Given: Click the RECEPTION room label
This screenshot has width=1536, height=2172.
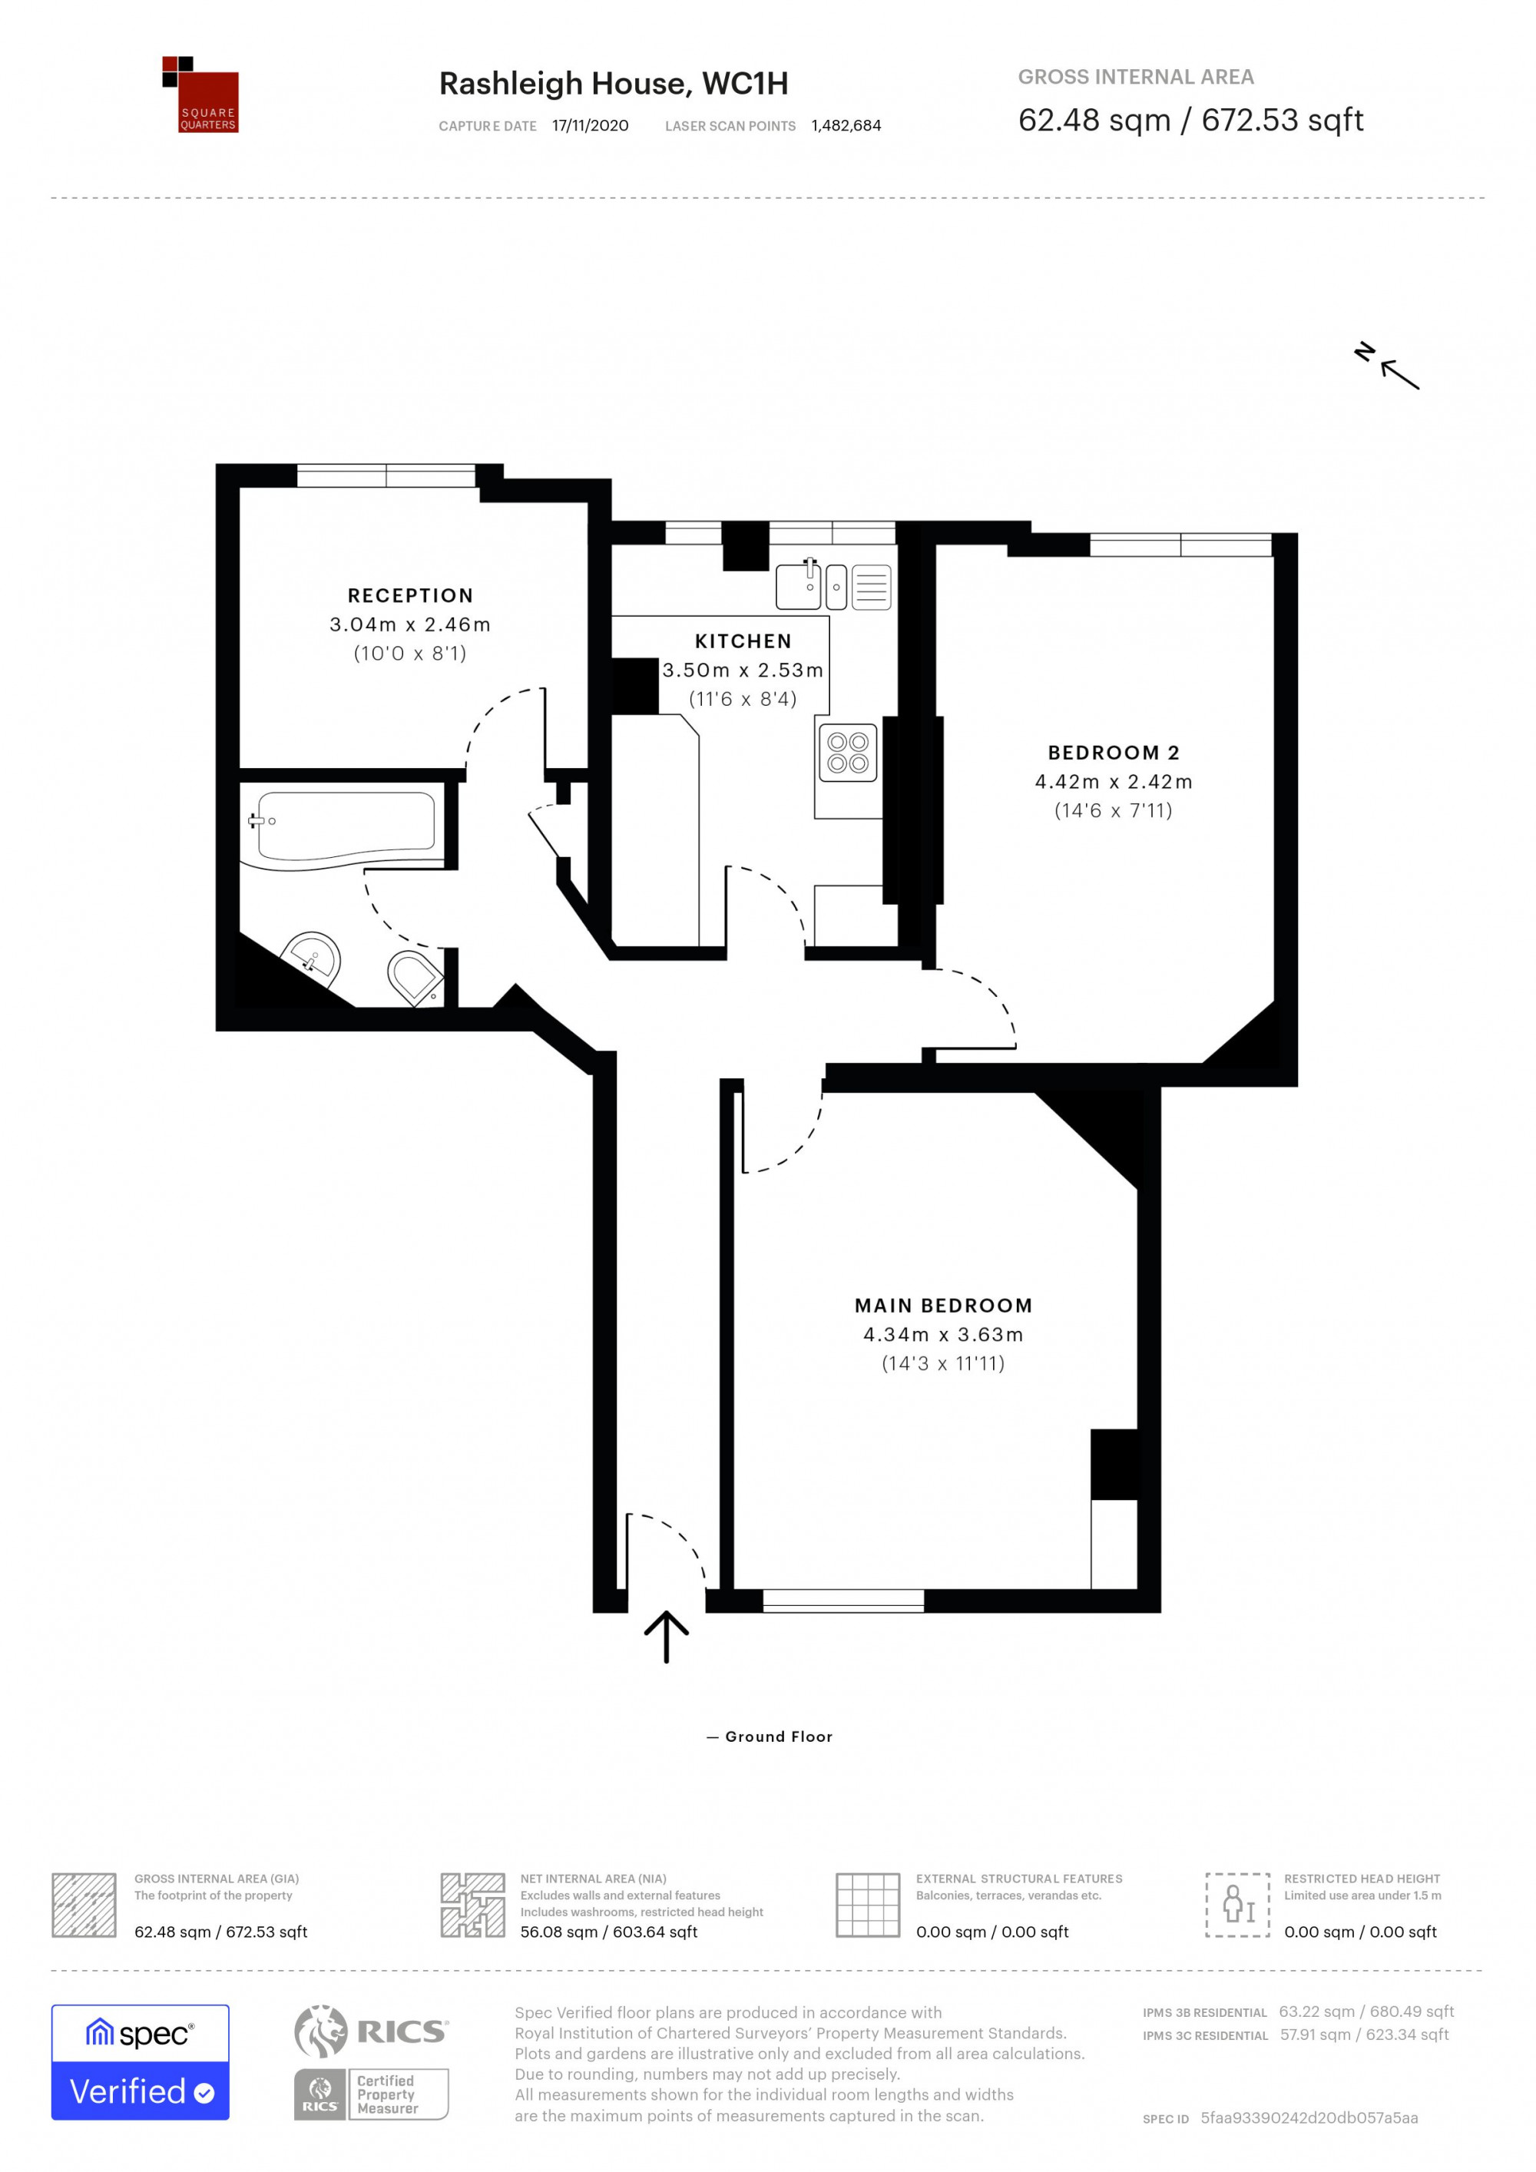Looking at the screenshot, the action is (409, 595).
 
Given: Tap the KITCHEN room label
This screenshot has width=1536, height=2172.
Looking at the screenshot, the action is (743, 641).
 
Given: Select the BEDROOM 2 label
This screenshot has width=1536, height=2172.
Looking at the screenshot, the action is (1114, 753).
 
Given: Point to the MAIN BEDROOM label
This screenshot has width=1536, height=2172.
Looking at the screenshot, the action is (943, 1306).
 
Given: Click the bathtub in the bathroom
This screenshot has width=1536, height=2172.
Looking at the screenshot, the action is (342, 829).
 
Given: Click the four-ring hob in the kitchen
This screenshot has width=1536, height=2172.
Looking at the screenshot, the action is (847, 753).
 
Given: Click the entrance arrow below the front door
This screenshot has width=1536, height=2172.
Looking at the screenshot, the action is (666, 1637).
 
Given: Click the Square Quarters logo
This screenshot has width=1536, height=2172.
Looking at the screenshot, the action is (200, 94).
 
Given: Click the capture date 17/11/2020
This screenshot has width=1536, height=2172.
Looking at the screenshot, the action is (590, 126).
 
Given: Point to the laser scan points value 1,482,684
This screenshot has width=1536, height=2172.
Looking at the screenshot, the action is (846, 126).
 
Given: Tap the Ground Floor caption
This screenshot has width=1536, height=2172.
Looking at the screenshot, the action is (770, 1737).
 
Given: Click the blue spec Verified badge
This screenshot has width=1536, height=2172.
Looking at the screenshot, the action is (140, 2074).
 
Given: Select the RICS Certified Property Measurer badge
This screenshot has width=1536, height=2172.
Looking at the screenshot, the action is (372, 2094).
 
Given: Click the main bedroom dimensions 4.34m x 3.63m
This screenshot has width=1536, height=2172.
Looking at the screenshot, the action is (943, 1335).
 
